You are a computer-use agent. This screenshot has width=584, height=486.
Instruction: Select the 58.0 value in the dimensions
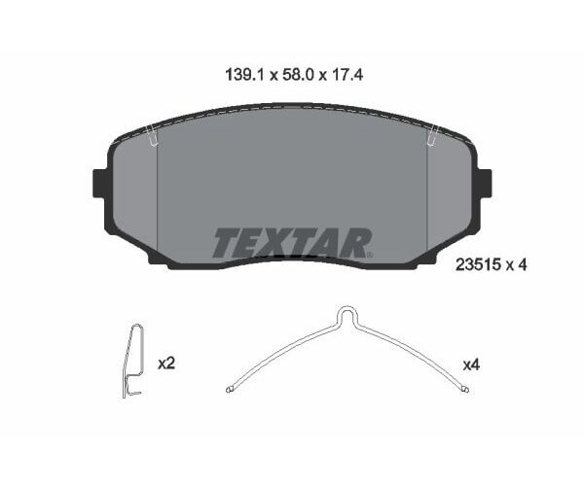(x=292, y=72)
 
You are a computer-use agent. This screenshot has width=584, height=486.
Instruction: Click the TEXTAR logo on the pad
(x=291, y=243)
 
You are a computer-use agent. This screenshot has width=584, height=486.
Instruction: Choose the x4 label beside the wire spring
(x=471, y=364)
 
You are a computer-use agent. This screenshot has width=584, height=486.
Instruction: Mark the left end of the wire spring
(x=229, y=390)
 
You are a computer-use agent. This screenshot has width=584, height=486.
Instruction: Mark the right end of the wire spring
(x=465, y=390)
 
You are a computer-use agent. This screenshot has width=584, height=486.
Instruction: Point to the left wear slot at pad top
(x=153, y=138)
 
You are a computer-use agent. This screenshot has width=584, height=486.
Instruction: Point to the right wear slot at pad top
(x=430, y=138)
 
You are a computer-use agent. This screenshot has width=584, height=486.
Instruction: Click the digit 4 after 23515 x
(x=523, y=263)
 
